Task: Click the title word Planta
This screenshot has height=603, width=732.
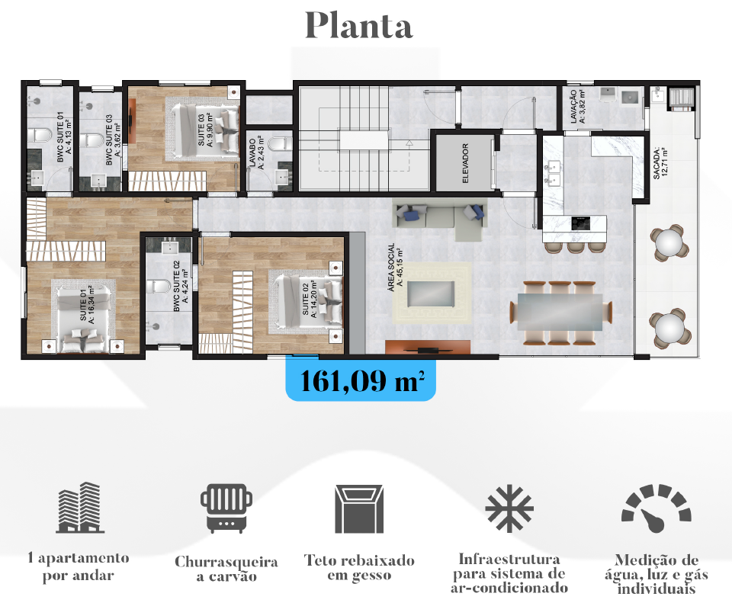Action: (358, 26)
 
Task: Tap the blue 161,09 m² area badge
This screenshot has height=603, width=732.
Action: (361, 380)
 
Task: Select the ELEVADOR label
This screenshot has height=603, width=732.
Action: (465, 163)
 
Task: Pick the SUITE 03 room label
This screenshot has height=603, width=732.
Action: (205, 130)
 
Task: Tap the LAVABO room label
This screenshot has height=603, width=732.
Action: (256, 152)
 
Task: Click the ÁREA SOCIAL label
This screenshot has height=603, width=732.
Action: (396, 267)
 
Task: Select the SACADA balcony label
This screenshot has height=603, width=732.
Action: (660, 163)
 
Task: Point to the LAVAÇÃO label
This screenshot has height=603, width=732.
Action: (577, 106)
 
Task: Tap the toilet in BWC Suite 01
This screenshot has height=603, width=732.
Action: (39, 136)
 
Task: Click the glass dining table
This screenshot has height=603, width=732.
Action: (559, 312)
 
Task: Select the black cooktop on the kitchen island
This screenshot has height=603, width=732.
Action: (580, 223)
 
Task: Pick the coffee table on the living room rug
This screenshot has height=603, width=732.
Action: (431, 293)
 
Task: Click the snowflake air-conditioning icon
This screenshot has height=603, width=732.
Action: (509, 508)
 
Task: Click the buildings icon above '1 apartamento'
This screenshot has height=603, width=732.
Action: (80, 507)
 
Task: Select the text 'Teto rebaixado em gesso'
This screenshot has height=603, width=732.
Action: (359, 567)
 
